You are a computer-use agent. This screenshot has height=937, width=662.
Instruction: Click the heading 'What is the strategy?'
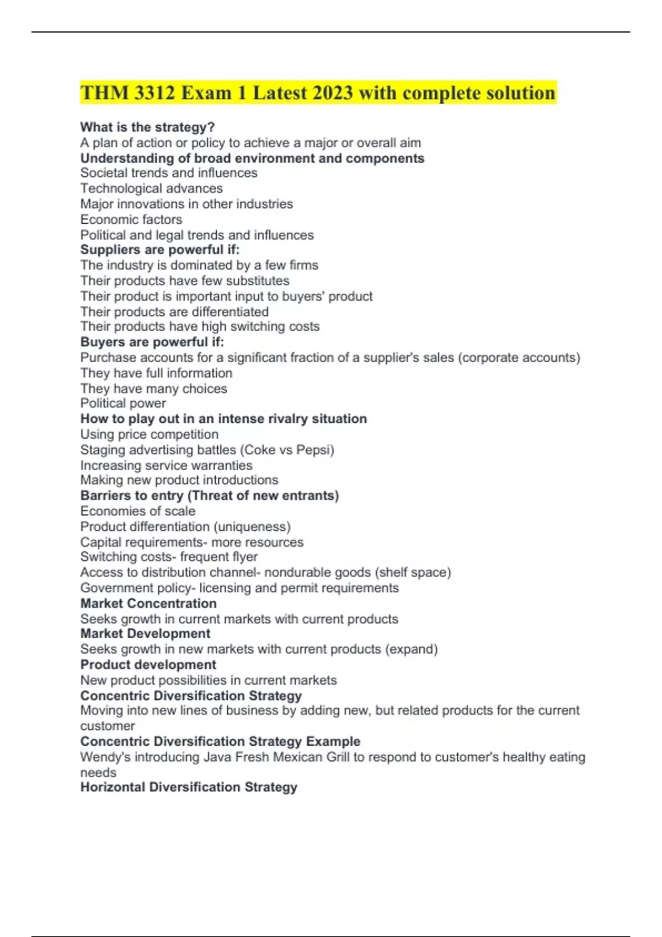pyautogui.click(x=147, y=127)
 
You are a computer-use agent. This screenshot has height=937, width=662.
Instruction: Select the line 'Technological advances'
pyautogui.click(x=152, y=189)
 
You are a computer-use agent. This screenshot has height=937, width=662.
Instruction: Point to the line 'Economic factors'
pyautogui.click(x=131, y=219)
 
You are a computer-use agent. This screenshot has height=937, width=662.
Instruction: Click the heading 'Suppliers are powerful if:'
pyautogui.click(x=160, y=250)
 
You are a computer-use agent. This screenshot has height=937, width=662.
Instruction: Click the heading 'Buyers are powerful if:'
pyautogui.click(x=152, y=342)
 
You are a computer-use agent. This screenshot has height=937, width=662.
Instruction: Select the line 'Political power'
pyautogui.click(x=123, y=403)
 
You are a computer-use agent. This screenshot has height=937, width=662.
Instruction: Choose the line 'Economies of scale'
pyautogui.click(x=138, y=511)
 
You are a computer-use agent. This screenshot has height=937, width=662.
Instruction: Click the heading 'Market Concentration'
pyautogui.click(x=148, y=604)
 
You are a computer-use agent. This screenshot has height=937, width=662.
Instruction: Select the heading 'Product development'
pyautogui.click(x=148, y=665)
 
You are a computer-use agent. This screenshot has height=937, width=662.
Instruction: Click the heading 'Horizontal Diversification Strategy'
pyautogui.click(x=189, y=787)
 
